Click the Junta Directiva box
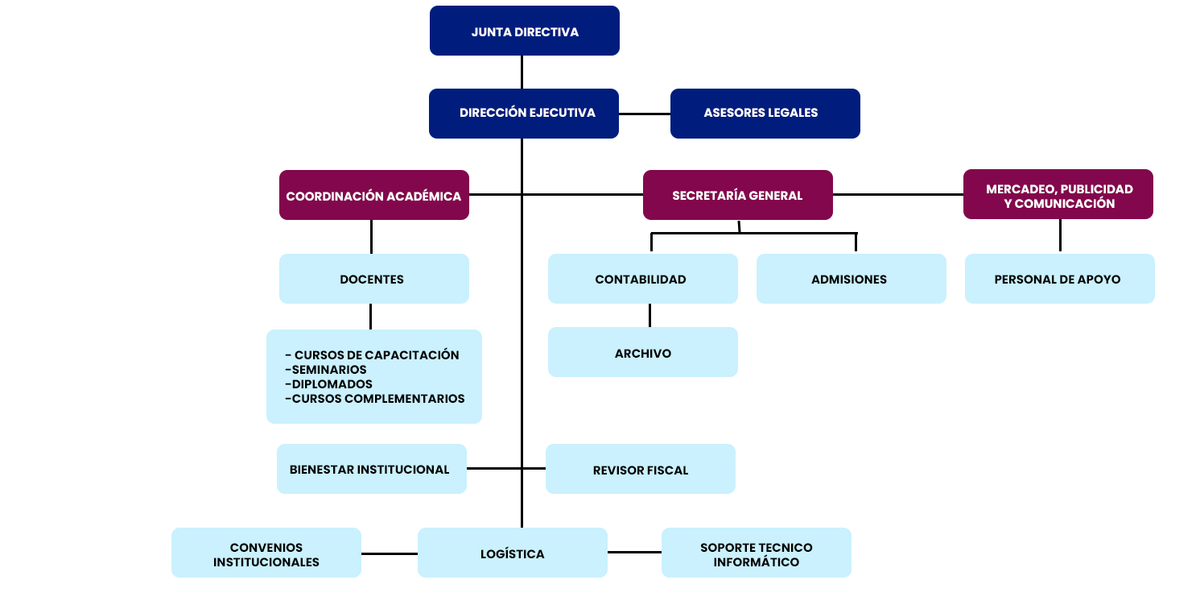tap(524, 31)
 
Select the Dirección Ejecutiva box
tap(524, 113)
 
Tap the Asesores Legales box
tap(765, 113)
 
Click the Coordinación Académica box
tap(373, 195)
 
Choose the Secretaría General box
tap(737, 195)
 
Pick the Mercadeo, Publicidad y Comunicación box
tap(1058, 194)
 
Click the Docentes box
tap(373, 279)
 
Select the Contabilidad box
tap(642, 279)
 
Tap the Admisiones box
tap(851, 279)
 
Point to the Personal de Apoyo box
tap(1058, 279)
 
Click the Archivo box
tap(642, 352)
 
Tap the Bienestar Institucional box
tap(371, 469)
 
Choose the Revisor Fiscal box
tap(640, 469)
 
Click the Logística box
tap(512, 553)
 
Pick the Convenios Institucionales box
tap(266, 553)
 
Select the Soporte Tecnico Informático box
tap(756, 553)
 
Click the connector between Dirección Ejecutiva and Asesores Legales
tap(645, 114)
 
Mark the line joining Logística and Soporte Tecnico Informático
tap(634, 552)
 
